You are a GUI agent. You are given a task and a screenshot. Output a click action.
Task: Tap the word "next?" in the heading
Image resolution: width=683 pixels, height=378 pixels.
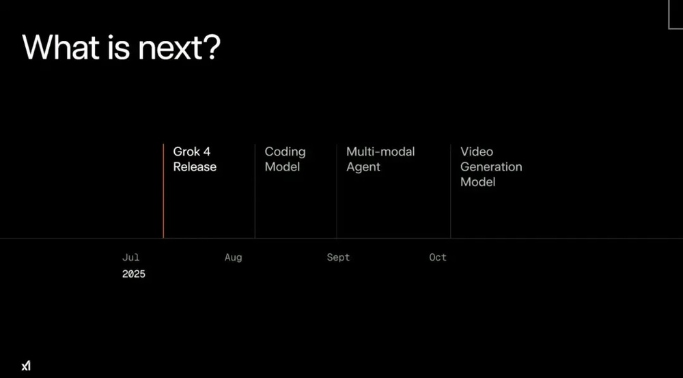click(179, 47)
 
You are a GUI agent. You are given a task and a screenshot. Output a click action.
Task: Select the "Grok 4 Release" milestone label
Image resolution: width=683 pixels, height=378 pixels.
click(195, 159)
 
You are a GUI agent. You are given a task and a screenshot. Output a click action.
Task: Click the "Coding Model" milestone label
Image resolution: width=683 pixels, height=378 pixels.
click(285, 159)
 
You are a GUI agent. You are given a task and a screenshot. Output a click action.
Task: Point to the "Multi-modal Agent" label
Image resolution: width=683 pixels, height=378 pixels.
click(380, 159)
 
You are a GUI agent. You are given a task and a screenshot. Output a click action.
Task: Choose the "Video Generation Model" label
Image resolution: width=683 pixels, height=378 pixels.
click(491, 166)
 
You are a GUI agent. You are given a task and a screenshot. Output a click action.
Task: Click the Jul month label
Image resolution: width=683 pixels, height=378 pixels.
click(130, 257)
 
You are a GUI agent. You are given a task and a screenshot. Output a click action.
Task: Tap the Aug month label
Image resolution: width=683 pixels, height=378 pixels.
click(233, 257)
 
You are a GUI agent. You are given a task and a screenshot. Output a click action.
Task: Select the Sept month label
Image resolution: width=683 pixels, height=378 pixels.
click(338, 257)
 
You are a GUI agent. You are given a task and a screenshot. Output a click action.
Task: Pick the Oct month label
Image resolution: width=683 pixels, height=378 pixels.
click(438, 257)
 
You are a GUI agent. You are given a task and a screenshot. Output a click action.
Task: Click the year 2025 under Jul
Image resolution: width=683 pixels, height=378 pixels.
click(133, 274)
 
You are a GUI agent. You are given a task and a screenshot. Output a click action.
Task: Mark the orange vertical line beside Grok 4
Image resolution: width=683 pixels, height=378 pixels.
click(163, 191)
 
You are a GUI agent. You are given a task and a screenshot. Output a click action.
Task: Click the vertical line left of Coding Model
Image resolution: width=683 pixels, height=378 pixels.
click(255, 191)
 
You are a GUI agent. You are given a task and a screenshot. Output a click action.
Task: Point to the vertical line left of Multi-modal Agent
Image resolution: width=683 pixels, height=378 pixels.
click(336, 191)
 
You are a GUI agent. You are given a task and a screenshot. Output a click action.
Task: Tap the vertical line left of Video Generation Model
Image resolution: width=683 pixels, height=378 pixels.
click(450, 191)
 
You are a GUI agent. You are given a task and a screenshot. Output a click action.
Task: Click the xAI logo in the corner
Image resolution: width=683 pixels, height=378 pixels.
click(26, 366)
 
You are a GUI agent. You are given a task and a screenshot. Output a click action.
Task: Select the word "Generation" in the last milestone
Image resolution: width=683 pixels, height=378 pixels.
click(491, 166)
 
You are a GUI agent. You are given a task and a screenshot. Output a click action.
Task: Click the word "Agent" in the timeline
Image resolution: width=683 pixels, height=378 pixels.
click(363, 167)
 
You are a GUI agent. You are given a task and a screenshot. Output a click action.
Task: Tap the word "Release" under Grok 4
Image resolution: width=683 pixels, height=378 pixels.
click(195, 167)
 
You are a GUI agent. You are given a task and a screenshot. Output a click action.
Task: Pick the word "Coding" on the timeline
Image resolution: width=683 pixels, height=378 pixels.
click(285, 152)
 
